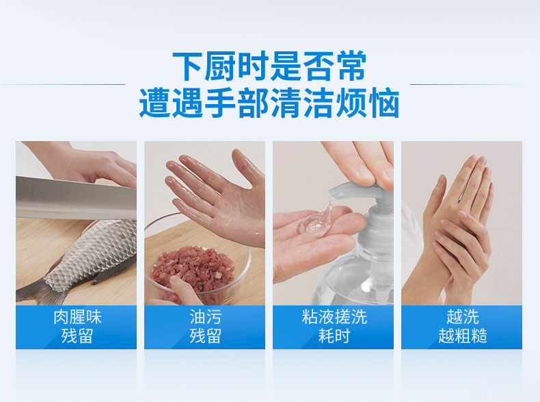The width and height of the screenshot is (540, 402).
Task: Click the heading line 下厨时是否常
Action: (x=269, y=66)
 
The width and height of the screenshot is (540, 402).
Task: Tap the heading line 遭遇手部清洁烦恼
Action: (x=269, y=103)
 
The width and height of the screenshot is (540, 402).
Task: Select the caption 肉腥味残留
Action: (x=77, y=327)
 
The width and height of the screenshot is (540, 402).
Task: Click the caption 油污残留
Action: (x=205, y=327)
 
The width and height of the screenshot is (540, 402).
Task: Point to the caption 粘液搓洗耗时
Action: (x=334, y=327)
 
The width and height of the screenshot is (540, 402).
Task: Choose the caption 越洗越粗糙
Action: (x=463, y=327)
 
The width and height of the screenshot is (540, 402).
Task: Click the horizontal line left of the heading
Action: (x=64, y=84)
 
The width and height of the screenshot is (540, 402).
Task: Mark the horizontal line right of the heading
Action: (x=466, y=84)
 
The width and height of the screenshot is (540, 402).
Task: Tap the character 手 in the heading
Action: (x=219, y=103)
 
